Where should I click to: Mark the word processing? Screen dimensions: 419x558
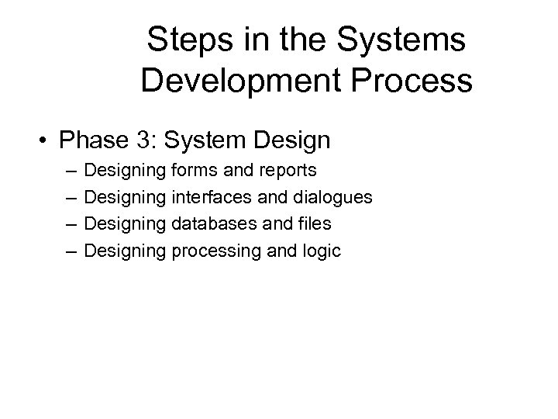click(x=212, y=251)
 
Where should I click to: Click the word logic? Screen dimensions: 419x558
click(x=321, y=251)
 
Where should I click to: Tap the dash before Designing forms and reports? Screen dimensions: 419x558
click(x=71, y=169)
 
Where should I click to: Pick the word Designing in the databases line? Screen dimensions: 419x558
click(x=125, y=224)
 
